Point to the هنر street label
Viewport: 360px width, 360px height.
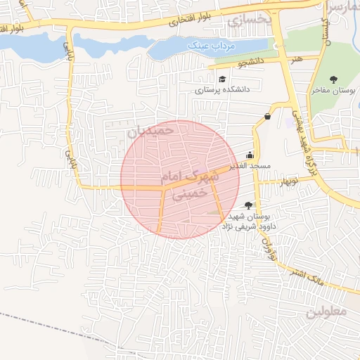coord(300,59)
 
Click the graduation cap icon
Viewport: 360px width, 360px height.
coord(222,79)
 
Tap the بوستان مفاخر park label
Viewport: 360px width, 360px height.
coord(331,91)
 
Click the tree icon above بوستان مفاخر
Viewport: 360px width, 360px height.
coord(333,79)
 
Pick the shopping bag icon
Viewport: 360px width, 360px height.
coord(267,117)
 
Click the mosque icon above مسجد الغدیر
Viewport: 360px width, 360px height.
coord(250,155)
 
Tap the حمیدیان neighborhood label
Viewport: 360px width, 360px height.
coord(150,131)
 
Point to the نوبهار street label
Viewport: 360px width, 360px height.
coord(270,181)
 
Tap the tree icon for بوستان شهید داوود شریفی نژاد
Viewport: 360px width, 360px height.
coord(249,205)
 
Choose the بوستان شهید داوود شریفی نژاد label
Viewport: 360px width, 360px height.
coord(250,221)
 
